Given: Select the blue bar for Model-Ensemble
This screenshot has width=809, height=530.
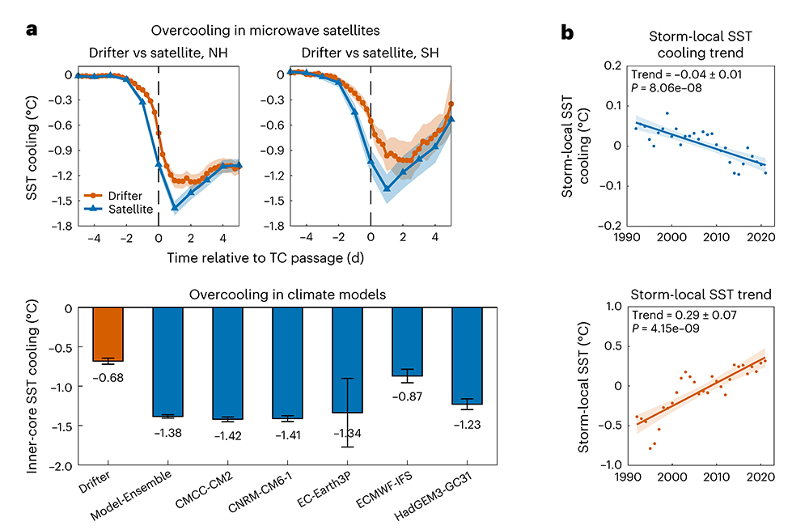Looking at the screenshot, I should tap(167, 362).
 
